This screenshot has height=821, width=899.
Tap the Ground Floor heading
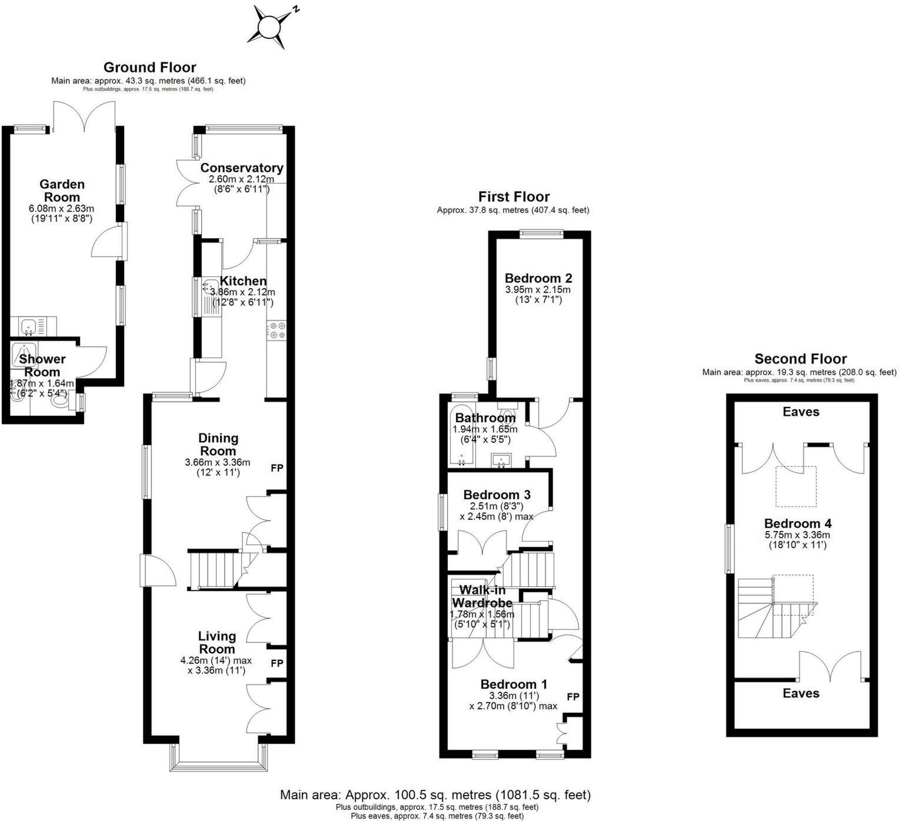click(149, 67)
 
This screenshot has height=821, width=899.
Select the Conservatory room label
click(242, 168)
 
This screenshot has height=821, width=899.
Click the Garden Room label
click(62, 191)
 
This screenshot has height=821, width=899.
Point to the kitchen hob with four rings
click(277, 330)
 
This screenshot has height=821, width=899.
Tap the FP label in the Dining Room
click(277, 468)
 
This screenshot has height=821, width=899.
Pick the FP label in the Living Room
click(277, 663)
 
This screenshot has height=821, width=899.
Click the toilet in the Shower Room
click(59, 402)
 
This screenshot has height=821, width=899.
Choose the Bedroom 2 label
click(538, 278)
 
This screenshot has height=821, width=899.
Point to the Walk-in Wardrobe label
click(482, 596)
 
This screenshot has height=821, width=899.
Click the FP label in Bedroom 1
click(573, 696)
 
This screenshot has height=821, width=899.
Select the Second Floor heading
click(800, 359)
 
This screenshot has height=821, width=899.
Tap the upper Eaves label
click(801, 412)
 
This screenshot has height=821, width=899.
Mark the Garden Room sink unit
click(29, 325)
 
